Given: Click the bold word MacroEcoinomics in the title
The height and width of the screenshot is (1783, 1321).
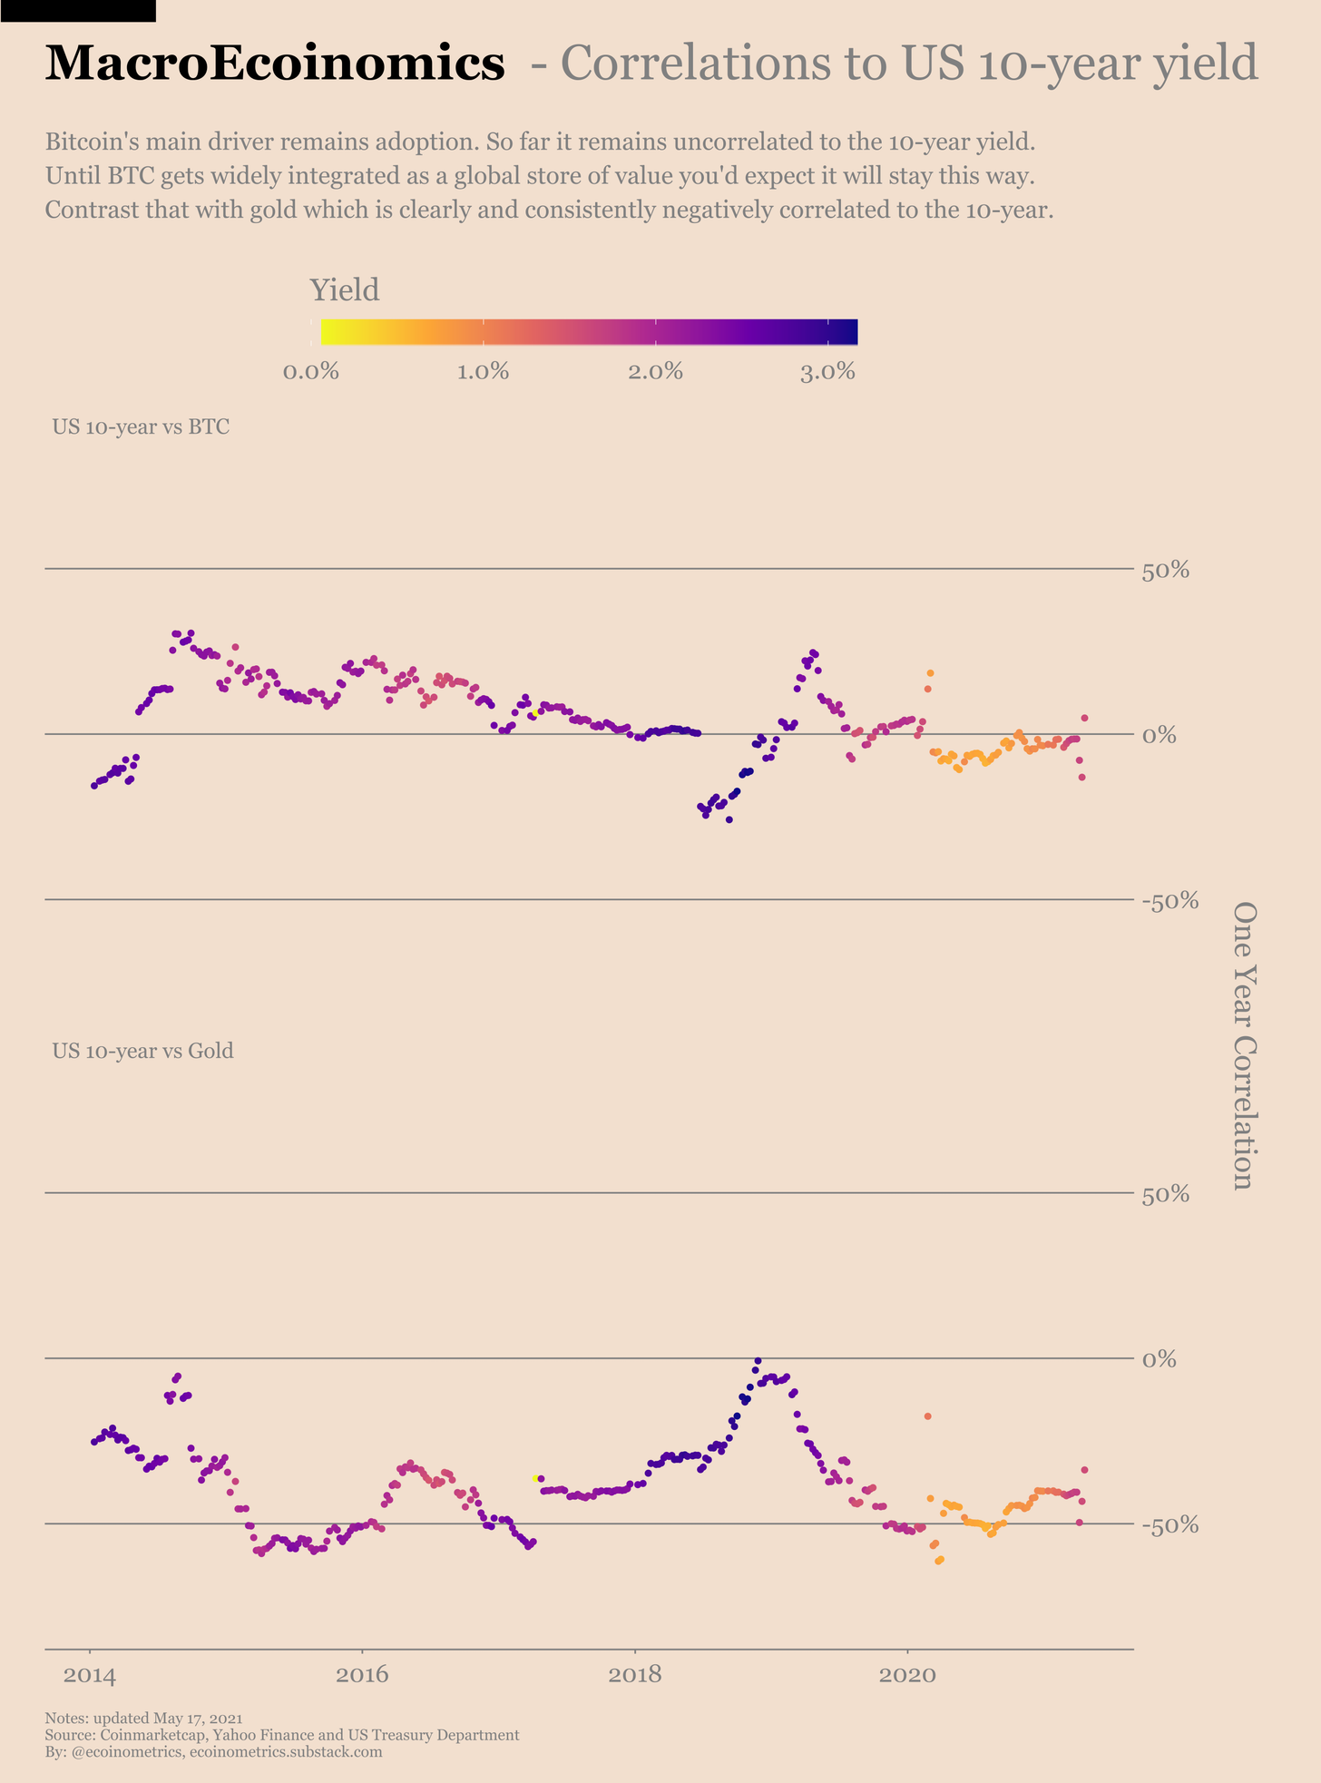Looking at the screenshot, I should [274, 64].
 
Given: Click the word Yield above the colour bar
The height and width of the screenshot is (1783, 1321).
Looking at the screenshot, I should [345, 290].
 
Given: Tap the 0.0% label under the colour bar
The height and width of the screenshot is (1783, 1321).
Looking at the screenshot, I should [311, 372].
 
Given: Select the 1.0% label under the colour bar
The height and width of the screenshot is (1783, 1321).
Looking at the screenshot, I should [483, 372].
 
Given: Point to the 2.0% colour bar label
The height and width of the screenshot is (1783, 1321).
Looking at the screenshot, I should [656, 372].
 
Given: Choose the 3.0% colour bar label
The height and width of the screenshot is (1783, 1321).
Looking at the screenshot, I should [828, 372].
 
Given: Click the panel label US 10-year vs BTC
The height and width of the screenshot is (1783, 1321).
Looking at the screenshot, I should [141, 426].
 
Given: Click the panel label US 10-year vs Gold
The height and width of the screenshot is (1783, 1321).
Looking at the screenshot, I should [142, 1051].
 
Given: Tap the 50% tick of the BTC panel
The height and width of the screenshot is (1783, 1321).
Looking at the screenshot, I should [1164, 571].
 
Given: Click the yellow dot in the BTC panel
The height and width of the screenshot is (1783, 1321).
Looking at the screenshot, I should [535, 713].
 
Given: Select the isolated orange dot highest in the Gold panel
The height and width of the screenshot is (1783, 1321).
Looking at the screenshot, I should [927, 1416].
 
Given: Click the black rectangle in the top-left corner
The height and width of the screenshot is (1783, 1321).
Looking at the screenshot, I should [77, 10].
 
